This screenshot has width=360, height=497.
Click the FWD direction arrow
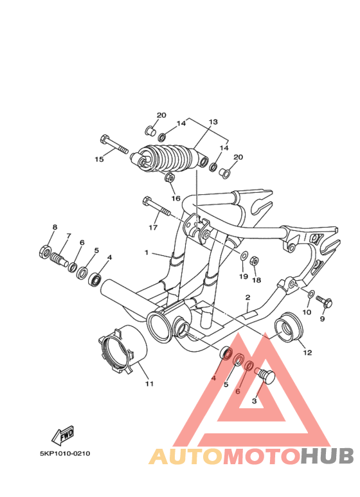tap(63, 435)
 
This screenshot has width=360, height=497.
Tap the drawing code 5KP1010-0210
tap(65, 453)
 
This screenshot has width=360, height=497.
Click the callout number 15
tap(100, 159)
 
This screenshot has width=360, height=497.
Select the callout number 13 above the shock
tap(213, 122)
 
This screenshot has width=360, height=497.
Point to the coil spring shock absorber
tap(169, 158)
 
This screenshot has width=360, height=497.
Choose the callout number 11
tap(149, 384)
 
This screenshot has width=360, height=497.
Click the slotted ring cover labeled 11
tap(122, 351)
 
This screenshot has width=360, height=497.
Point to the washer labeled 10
tap(312, 294)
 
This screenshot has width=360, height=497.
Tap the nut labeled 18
tap(254, 261)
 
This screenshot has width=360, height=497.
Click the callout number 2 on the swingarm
tap(248, 297)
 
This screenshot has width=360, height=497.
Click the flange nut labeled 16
tap(170, 177)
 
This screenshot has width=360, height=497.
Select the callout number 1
tap(147, 253)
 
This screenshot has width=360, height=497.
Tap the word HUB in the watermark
tap(327, 456)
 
